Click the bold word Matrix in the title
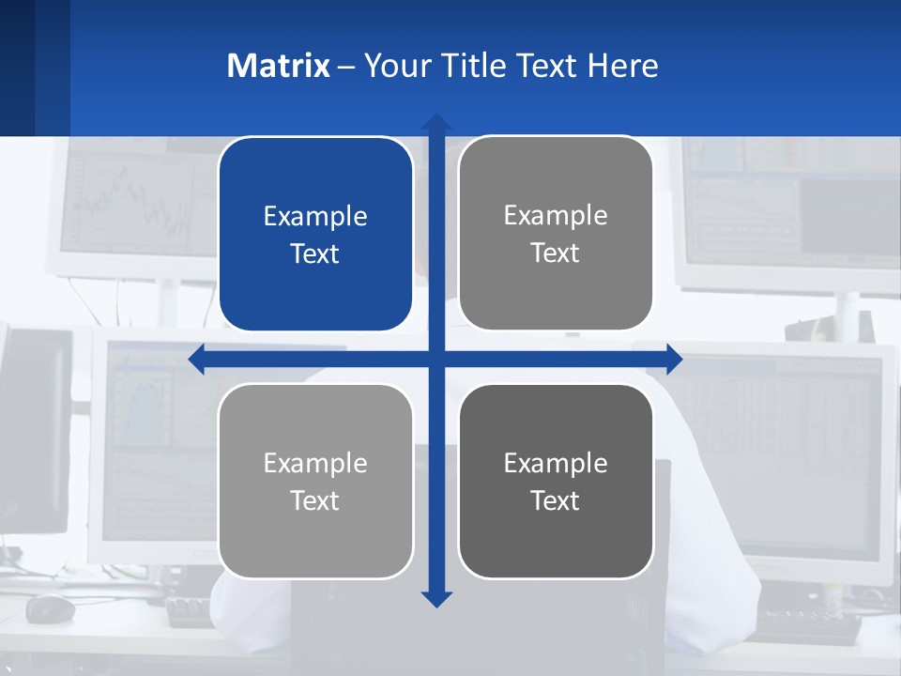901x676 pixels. [278, 66]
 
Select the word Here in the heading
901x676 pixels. [623, 66]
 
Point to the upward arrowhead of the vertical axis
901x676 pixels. [436, 122]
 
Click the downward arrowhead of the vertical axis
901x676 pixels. [436, 598]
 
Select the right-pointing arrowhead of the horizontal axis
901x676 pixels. [674, 359]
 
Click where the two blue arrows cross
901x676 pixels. [436, 359]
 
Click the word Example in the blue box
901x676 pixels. [315, 217]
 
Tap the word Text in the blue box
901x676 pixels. [315, 254]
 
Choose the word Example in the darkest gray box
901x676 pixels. [556, 463]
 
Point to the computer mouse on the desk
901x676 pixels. [50, 608]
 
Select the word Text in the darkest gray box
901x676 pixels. [556, 500]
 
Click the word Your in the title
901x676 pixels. [394, 66]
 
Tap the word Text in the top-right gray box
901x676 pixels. [556, 253]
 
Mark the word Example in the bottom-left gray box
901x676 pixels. [315, 463]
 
